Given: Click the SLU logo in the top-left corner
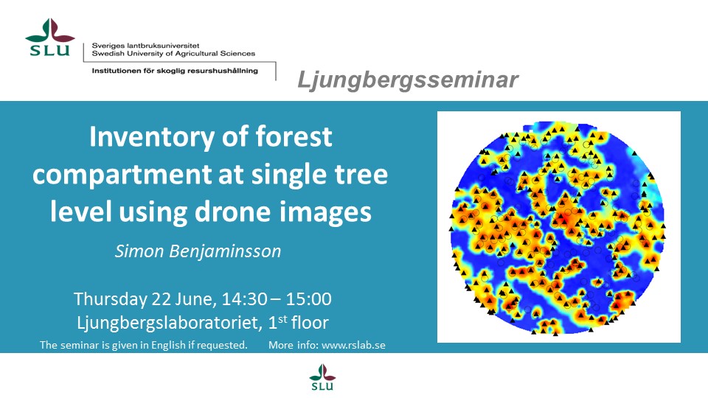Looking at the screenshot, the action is tap(50, 37).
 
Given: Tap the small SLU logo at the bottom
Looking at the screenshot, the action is tap(322, 377).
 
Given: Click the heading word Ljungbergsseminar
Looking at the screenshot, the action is tap(408, 80).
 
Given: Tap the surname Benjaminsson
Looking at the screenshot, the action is tap(225, 251).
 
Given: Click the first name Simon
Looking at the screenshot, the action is tap(139, 251).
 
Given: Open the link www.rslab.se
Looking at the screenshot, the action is tap(353, 345).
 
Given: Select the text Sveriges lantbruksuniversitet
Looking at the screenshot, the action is tap(145, 46).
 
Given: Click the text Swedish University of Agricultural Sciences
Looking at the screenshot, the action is tap(173, 53).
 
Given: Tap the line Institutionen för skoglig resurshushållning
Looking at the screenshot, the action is tap(175, 71).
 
